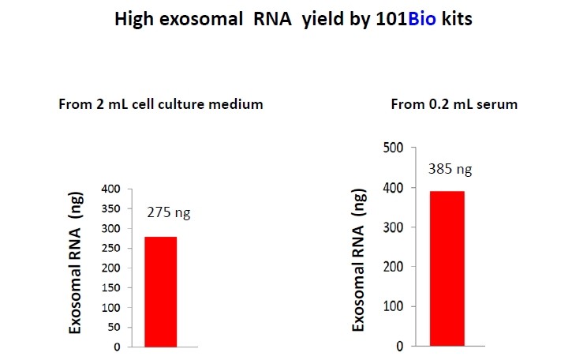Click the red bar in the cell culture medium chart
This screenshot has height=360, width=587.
coord(161,292)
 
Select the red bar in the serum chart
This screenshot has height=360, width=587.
coord(447,268)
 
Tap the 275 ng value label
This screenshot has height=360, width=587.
coord(169,213)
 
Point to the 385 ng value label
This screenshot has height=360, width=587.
coord(450,169)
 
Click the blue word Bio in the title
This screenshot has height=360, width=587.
coord(422,19)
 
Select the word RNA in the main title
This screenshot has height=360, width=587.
coord(272,19)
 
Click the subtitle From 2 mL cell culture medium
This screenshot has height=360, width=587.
coord(161,104)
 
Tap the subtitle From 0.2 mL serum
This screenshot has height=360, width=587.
coord(454,104)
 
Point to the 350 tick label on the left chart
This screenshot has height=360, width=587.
coord(110,208)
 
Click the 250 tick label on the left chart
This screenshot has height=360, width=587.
coord(110,248)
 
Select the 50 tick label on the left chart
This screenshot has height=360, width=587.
coord(114,327)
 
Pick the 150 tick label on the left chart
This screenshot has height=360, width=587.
coord(110,287)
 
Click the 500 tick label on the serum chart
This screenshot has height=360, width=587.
coord(393,148)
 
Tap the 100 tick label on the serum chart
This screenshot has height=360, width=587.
coord(393,306)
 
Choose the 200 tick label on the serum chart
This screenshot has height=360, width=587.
coord(393,267)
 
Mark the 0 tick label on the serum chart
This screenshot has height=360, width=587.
coord(400,346)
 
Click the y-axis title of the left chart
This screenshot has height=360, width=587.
coord(75,263)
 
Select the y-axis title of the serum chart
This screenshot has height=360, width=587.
coord(359,260)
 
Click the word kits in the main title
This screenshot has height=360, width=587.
coord(457,19)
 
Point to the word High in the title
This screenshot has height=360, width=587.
coord(134,20)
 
